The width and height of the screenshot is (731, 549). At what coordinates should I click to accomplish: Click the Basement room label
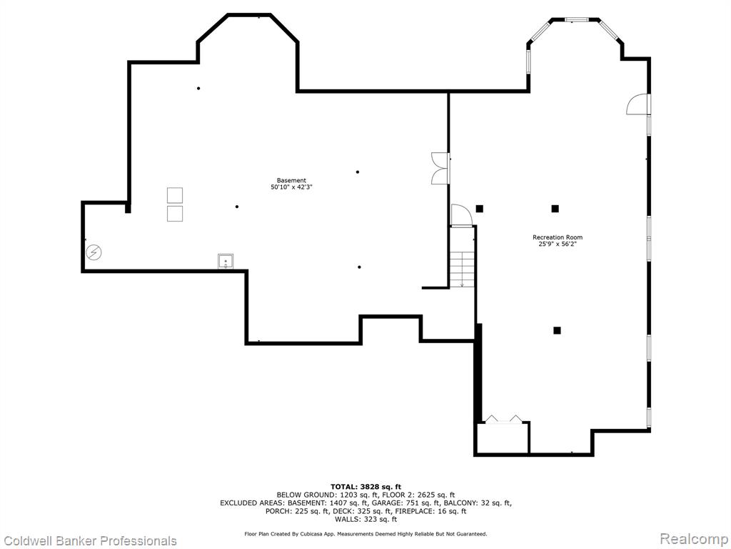click(x=291, y=181)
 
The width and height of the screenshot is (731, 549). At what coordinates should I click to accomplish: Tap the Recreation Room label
click(x=558, y=237)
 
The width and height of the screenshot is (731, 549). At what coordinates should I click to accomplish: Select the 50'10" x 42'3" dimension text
click(x=291, y=187)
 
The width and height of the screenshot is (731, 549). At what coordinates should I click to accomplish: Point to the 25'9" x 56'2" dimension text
click(x=558, y=244)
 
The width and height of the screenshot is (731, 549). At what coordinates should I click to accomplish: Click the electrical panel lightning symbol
click(x=94, y=252)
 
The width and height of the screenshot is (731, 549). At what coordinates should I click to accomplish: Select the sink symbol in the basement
click(x=226, y=261)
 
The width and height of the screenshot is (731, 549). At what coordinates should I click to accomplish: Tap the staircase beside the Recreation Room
click(x=462, y=269)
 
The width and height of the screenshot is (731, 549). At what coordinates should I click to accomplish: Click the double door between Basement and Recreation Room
click(x=440, y=168)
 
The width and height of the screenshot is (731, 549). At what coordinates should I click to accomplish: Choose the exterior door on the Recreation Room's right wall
click(x=637, y=104)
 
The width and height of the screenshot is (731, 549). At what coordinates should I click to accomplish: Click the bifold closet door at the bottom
click(x=503, y=419)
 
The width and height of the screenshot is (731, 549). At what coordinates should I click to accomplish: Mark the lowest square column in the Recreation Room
click(x=557, y=330)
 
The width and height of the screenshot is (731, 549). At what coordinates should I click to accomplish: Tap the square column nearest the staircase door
click(x=479, y=209)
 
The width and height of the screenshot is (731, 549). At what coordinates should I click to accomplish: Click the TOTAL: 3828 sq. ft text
click(x=365, y=487)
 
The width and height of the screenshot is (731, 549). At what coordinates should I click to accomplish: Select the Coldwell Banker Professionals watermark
click(x=89, y=540)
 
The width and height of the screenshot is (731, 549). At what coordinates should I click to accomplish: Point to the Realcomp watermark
click(x=693, y=539)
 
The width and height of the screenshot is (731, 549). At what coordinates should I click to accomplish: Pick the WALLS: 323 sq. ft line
click(x=365, y=519)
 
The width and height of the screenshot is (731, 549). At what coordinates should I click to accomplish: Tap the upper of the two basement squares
click(x=175, y=195)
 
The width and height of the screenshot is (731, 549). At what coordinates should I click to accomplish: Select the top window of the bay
click(x=576, y=19)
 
